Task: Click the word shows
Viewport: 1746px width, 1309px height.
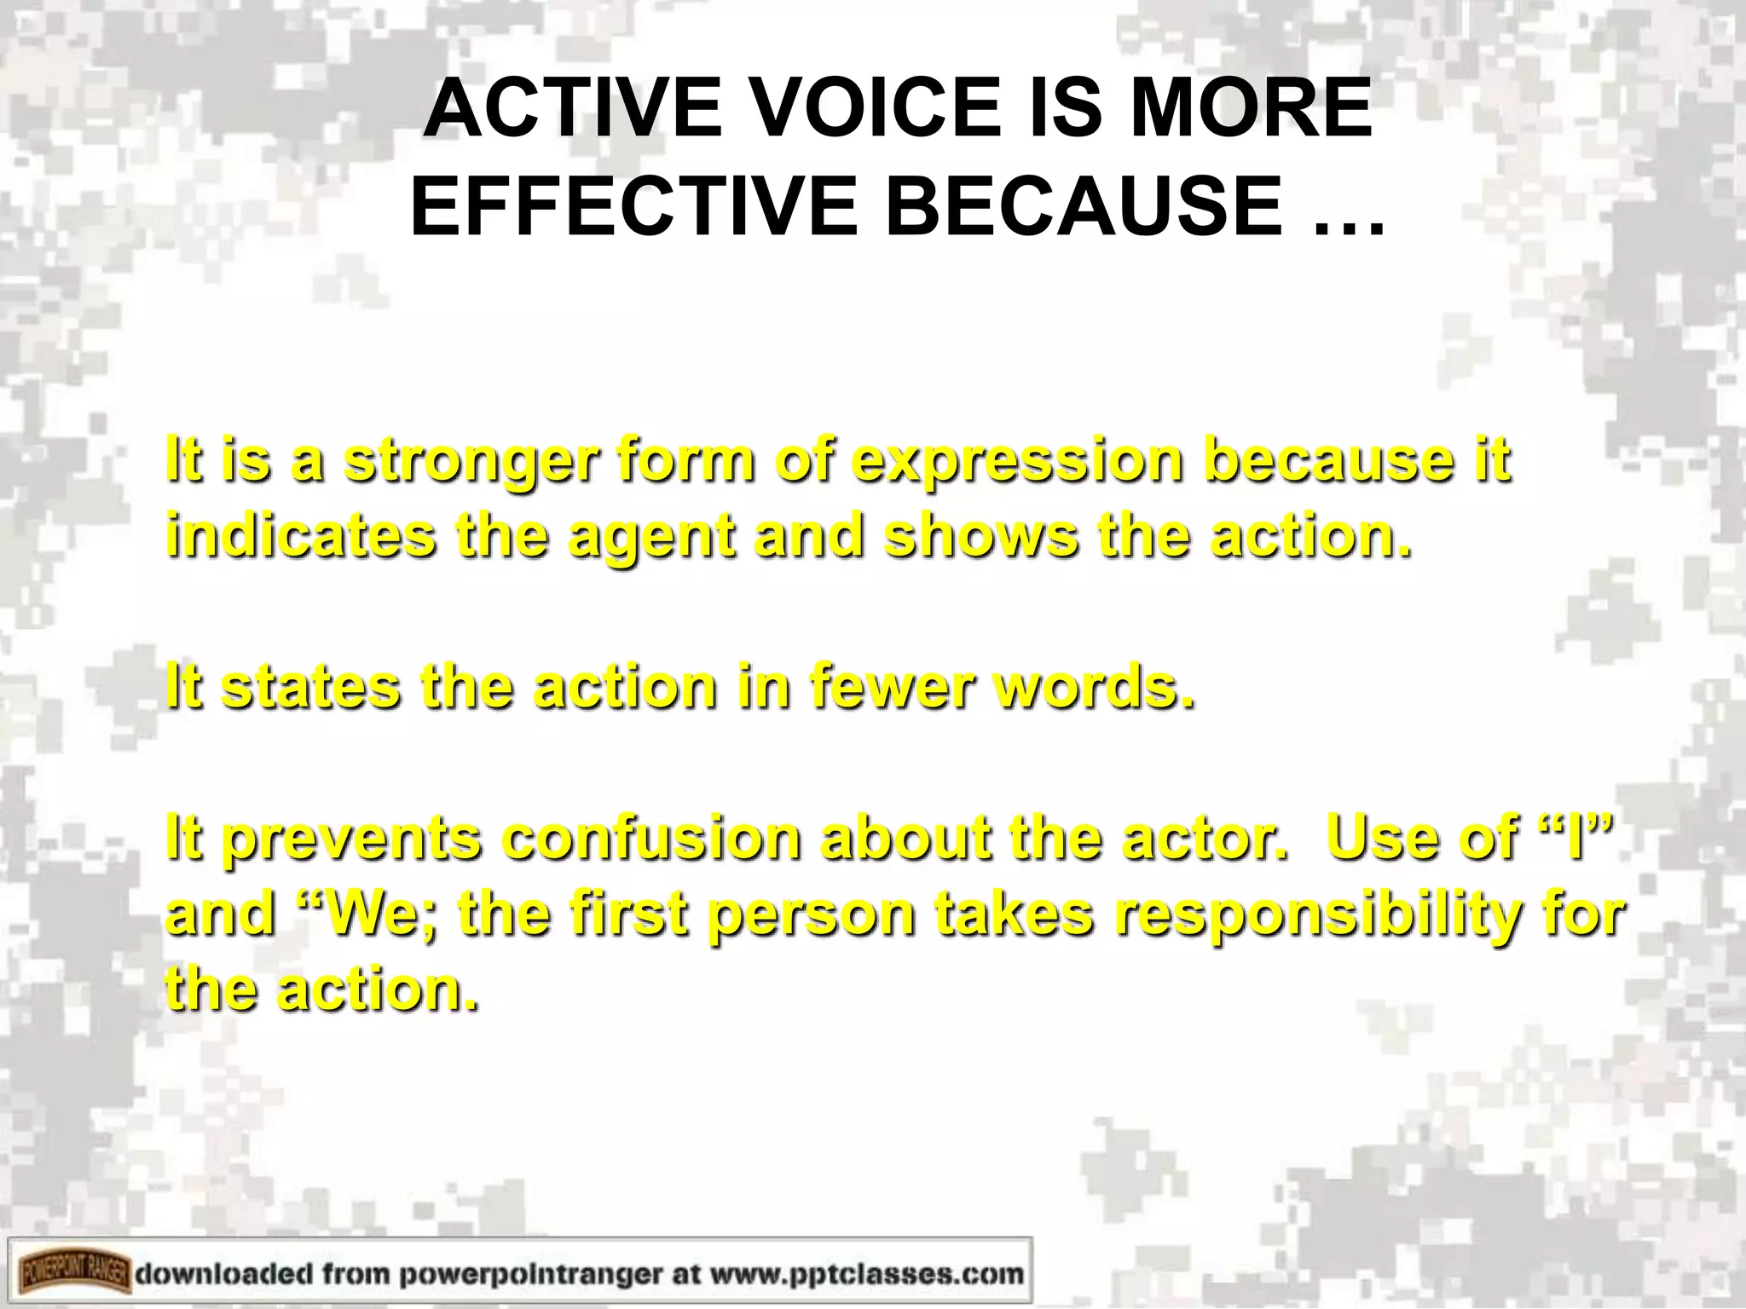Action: [981, 537]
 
